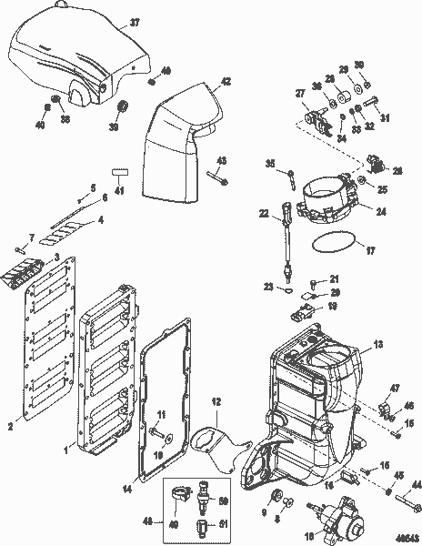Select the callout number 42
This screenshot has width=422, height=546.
coord(226,81)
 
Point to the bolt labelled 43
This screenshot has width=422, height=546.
coord(218,177)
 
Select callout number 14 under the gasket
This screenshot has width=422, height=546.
coord(126,489)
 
